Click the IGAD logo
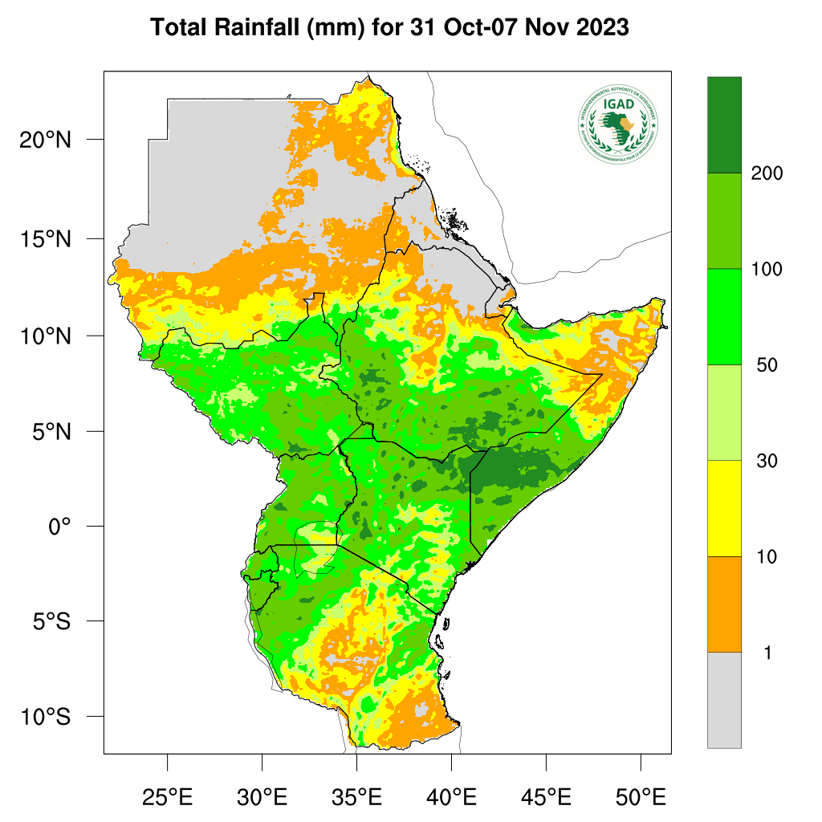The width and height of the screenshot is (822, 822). click(617, 123)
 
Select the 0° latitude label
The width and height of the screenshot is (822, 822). click(60, 527)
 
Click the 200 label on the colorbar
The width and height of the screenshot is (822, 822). click(767, 173)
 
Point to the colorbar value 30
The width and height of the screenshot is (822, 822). click(767, 461)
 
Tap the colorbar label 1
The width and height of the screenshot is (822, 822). click(767, 653)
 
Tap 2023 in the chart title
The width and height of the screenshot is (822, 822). click(602, 27)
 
